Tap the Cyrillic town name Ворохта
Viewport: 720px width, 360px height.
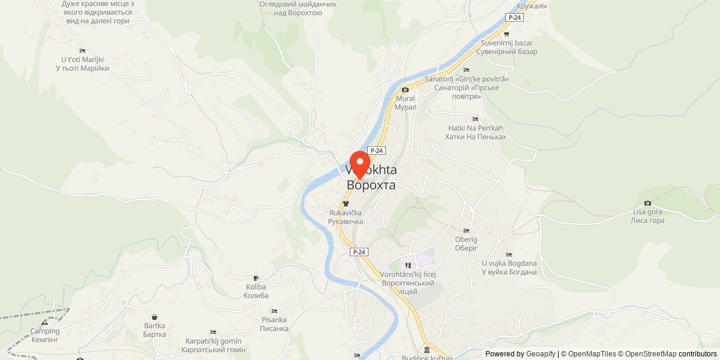tap(371, 185)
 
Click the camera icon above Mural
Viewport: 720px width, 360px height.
tap(405, 90)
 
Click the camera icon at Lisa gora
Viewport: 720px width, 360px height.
tap(647, 203)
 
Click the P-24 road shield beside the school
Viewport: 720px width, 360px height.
tap(359, 252)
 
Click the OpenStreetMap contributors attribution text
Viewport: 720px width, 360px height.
tap(667, 354)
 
